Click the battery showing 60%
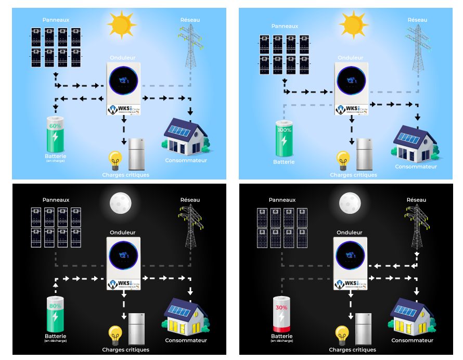(55, 135)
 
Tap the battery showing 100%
(284, 138)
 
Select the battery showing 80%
(55, 314)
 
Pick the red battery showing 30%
(281, 314)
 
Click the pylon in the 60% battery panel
(190, 47)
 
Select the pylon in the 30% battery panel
(417, 226)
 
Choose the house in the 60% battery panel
(186, 136)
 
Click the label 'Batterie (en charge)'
(55, 157)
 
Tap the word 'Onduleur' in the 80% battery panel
(123, 232)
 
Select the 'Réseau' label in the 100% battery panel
(417, 20)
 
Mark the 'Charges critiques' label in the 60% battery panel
(126, 175)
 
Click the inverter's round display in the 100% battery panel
(351, 80)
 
